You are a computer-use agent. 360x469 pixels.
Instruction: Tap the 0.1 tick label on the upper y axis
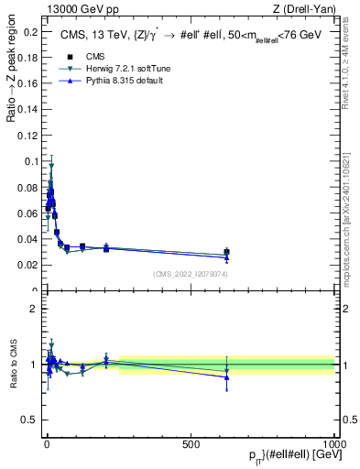(x=30, y=161)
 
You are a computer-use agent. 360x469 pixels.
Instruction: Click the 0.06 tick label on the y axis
(x=27, y=213)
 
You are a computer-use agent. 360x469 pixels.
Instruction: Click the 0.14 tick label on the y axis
(x=27, y=109)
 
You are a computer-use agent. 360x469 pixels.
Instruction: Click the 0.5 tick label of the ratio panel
(x=30, y=420)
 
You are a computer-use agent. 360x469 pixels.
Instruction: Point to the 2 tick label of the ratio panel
(x=34, y=309)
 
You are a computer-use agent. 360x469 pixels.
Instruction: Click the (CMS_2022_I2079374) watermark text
(x=190, y=274)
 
